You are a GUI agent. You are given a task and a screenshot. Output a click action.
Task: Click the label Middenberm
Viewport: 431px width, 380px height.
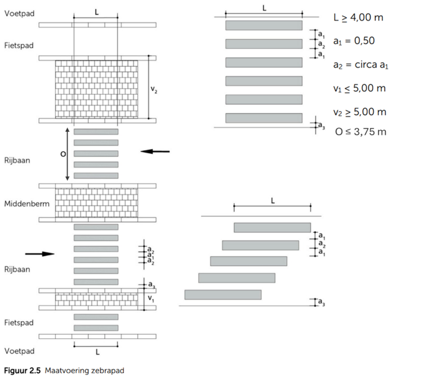[26, 204]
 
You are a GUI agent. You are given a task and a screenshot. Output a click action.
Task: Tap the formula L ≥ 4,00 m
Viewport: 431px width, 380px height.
[358, 17]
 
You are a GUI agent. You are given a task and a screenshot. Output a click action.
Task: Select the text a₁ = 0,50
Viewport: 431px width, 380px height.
[354, 41]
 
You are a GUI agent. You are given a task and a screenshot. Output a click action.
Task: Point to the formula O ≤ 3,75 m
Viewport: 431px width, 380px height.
[361, 132]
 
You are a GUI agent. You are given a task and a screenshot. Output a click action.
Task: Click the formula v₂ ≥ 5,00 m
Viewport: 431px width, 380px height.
[360, 112]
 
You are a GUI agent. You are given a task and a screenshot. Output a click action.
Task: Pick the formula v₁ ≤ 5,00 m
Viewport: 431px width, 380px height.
[359, 88]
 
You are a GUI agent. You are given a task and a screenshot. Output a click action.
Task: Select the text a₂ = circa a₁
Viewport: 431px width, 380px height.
[361, 65]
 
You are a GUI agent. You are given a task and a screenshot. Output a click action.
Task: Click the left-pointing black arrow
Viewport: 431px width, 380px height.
[155, 151]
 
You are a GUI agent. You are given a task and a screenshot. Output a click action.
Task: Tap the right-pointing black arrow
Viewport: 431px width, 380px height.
[40, 254]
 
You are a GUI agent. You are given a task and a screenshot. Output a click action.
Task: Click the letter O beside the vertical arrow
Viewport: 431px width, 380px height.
[63, 154]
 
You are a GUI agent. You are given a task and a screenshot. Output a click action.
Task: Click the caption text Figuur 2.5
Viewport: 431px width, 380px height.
[22, 371]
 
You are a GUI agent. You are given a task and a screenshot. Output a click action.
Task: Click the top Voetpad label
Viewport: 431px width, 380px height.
[19, 14]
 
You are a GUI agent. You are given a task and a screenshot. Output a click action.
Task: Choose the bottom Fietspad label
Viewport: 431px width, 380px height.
[19, 323]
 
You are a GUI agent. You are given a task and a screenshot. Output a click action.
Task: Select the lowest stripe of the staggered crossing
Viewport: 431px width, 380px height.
[223, 295]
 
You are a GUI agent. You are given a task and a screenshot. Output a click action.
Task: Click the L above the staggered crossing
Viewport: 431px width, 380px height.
[273, 201]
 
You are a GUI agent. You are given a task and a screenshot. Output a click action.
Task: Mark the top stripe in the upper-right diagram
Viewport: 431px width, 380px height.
[264, 25]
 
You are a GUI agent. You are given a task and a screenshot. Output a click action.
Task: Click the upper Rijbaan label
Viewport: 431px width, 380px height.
[17, 160]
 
